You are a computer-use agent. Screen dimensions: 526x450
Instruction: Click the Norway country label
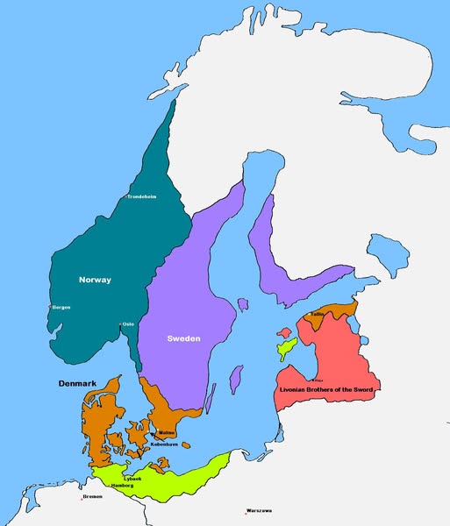tap(95, 280)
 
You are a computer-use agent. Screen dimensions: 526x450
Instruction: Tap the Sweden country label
tap(184, 338)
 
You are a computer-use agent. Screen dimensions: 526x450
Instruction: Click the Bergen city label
tap(61, 308)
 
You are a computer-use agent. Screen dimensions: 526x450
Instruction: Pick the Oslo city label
tap(128, 323)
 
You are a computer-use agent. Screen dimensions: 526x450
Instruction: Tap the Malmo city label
tap(167, 433)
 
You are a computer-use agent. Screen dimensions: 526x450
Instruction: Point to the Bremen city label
tap(92, 497)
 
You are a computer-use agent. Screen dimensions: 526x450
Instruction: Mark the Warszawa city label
tap(260, 510)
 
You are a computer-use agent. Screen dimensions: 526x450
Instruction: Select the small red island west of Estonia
tap(284, 333)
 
